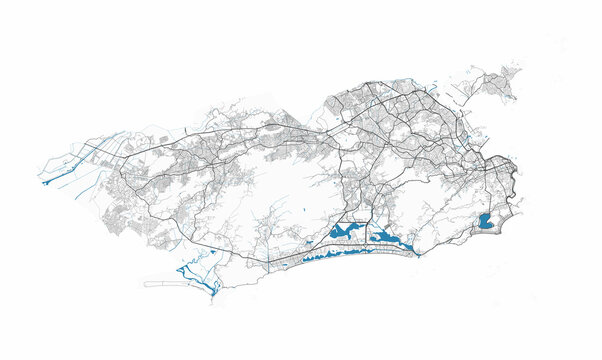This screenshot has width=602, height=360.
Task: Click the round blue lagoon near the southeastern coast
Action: pyautogui.click(x=487, y=222)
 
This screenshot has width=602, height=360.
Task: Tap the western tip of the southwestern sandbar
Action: pyautogui.click(x=145, y=283)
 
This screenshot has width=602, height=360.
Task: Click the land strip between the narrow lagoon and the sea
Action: pyautogui.click(x=350, y=261)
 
